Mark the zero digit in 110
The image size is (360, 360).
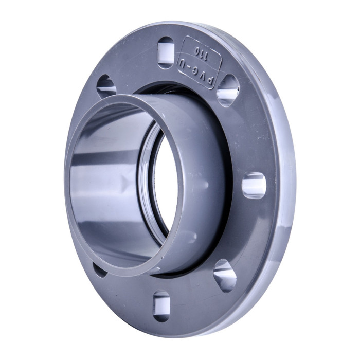193,51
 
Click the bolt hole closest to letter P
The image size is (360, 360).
227,91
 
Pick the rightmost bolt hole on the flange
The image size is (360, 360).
254,186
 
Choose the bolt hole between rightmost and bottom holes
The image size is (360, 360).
225,275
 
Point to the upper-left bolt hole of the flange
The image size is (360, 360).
106,86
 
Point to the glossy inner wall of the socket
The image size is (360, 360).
103,180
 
